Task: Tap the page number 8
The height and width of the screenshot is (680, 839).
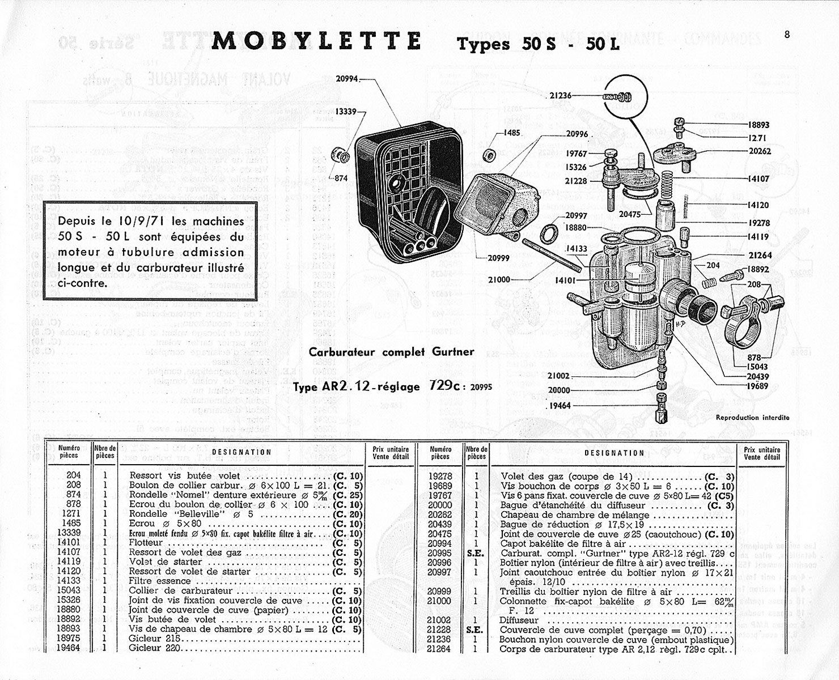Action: (787, 34)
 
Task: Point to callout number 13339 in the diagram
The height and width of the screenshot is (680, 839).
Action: (346, 112)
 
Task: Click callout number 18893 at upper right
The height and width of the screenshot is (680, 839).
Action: (758, 125)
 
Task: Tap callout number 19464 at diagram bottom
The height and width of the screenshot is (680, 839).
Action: (560, 406)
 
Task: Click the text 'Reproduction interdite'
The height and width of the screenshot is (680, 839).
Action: (752, 418)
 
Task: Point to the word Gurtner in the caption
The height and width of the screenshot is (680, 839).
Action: (454, 352)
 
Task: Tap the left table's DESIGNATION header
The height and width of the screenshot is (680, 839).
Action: (241, 452)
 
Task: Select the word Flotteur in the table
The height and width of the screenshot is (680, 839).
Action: (146, 543)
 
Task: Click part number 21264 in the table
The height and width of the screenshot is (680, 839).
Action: (439, 649)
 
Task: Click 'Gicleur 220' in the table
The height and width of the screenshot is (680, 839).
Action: (153, 649)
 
